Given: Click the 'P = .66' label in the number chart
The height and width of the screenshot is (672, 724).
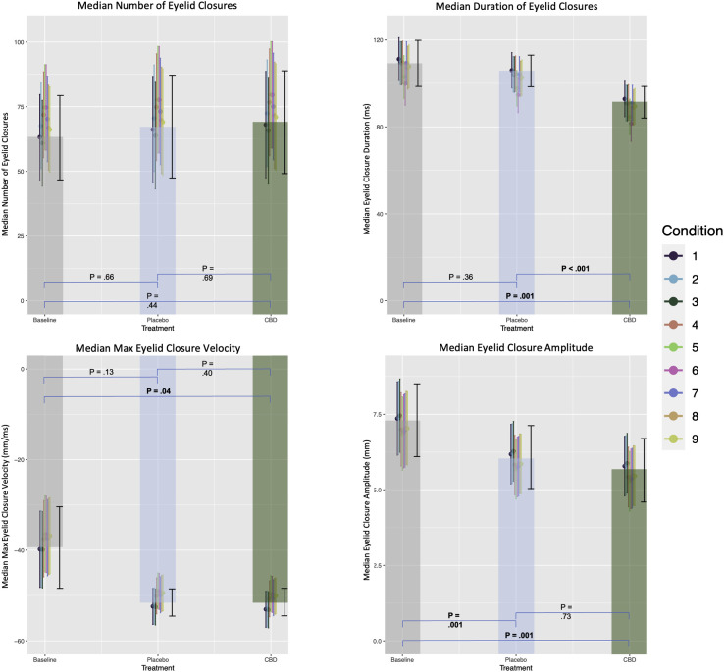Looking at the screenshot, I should [101, 277].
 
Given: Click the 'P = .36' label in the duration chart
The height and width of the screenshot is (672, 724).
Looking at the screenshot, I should [460, 277].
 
